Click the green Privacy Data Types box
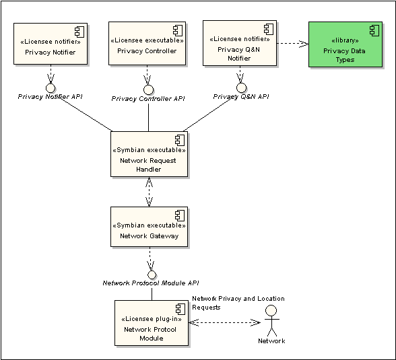coord(345,44)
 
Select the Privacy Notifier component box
coord(51,44)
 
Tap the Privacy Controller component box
coord(147,43)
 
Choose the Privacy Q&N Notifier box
coord(240,43)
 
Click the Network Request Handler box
coord(149,154)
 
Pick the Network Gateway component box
coord(149,227)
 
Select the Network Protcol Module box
coord(152,323)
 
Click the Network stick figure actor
coord(271,320)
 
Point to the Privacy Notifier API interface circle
coord(51,88)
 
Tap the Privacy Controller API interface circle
coord(148,89)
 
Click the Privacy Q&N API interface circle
coord(241,87)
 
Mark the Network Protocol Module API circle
coord(152,275)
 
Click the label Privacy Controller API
coord(148,99)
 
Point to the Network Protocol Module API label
coord(151,283)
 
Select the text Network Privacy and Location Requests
coord(238,303)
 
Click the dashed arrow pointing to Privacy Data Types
coord(293,44)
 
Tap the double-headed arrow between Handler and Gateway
coord(149,192)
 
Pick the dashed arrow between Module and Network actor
coord(224,322)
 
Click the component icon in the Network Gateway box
coord(180,216)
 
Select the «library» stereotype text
coord(345,40)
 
